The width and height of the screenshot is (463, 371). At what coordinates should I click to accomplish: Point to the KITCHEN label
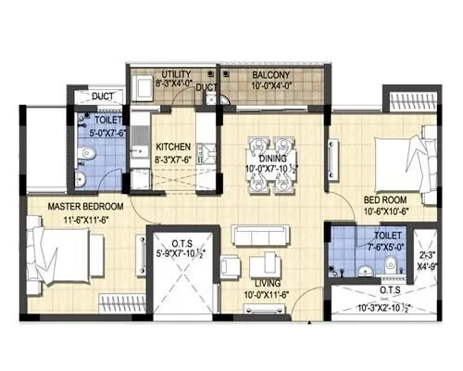coord(173,147)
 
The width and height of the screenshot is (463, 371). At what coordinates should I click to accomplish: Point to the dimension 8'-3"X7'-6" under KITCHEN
coord(173,159)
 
